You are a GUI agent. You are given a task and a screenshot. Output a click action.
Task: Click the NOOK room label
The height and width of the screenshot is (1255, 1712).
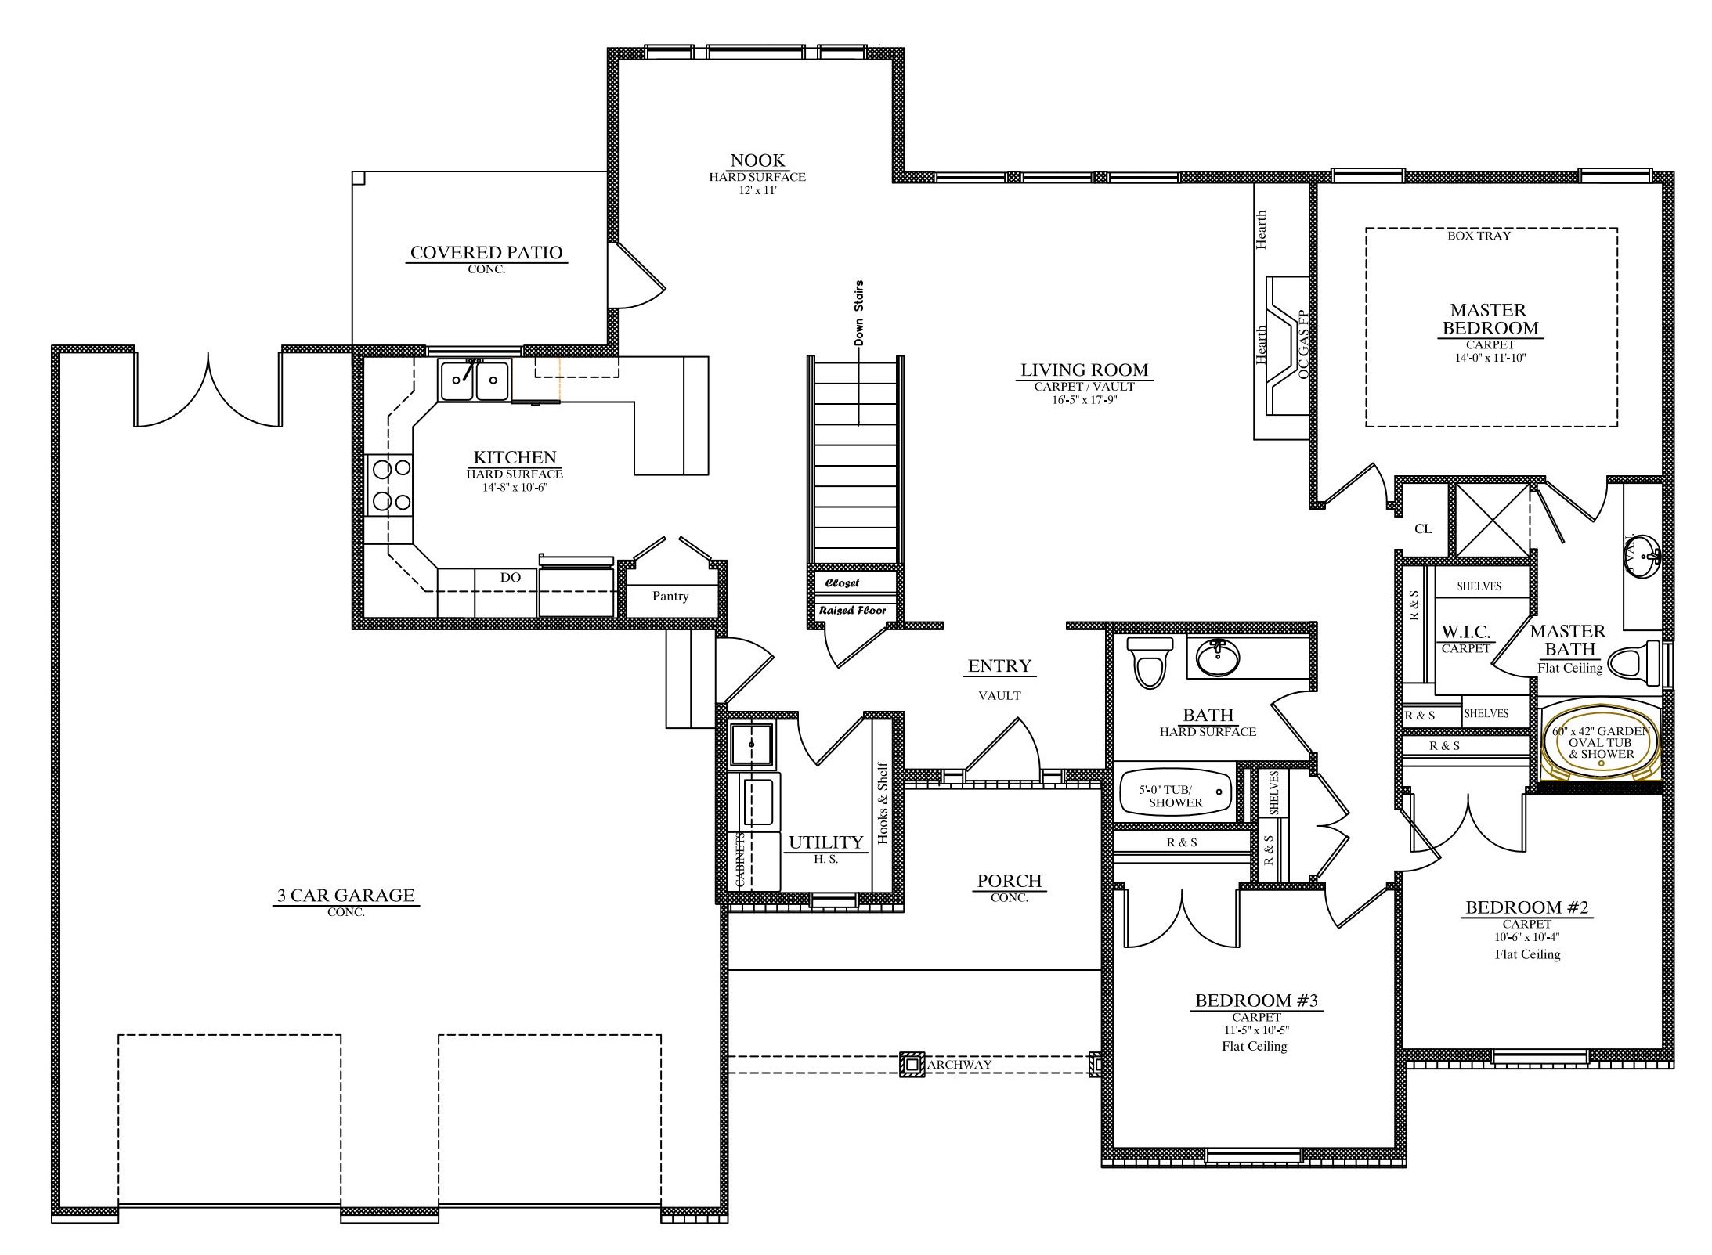[x=757, y=160]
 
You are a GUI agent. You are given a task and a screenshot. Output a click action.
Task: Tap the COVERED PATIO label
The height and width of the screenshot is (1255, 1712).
[x=486, y=253]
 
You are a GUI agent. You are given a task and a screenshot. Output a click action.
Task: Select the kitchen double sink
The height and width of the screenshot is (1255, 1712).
[x=475, y=380]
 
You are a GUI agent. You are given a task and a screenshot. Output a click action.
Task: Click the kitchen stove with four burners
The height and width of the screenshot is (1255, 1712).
[x=390, y=485]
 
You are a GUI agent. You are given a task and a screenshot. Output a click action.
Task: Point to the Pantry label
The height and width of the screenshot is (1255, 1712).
[x=670, y=597]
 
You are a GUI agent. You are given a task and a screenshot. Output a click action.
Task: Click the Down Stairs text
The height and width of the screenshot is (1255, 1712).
[x=859, y=313]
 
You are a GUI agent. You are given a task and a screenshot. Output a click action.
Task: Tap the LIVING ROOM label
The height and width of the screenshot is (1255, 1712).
[x=1084, y=370]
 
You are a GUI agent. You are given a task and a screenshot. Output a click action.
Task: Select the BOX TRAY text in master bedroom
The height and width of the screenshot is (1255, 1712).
[x=1479, y=236]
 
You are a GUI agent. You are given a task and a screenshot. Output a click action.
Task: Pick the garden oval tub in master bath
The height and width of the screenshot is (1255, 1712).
[x=1601, y=742]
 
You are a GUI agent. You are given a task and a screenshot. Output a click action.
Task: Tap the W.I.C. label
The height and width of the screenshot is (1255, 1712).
[x=1466, y=632]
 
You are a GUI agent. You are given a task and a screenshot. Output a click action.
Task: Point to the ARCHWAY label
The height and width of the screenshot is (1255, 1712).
[x=959, y=1065]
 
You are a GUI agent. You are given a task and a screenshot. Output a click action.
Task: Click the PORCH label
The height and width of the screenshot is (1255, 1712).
[x=1009, y=881]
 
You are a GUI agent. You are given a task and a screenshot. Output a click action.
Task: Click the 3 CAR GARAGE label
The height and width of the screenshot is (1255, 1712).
[x=345, y=896]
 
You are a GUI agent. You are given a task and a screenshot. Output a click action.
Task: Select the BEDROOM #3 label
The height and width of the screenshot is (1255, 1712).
[x=1256, y=1001]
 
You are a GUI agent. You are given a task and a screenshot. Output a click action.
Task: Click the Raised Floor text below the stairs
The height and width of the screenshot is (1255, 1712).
[x=852, y=611]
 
